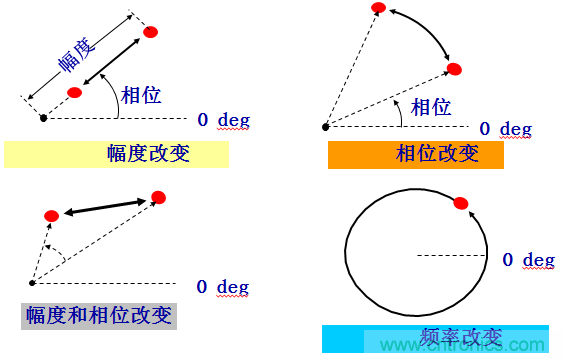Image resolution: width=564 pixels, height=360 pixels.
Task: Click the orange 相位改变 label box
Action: (x=416, y=154)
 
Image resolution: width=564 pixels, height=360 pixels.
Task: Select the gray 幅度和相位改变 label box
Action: (x=99, y=316)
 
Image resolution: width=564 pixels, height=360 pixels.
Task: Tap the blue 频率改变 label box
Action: (x=435, y=338)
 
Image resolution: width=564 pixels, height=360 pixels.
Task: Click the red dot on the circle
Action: (x=460, y=204)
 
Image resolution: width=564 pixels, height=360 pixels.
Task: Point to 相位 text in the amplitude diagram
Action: (x=141, y=95)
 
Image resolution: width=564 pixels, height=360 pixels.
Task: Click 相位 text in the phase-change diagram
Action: (x=431, y=106)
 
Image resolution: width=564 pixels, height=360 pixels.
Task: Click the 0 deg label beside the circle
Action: (x=528, y=260)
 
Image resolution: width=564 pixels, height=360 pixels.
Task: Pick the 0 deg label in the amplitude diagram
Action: (x=223, y=120)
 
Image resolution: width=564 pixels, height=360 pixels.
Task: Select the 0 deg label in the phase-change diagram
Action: (x=505, y=129)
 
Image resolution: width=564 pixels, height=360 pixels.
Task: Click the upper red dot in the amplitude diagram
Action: (x=151, y=32)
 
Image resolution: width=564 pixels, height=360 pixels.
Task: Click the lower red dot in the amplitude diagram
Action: (x=74, y=92)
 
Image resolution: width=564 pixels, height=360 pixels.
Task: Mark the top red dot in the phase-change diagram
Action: (x=377, y=9)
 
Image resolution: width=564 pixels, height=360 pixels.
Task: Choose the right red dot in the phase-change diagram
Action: (x=454, y=69)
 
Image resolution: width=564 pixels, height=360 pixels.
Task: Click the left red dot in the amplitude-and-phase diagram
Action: (x=52, y=216)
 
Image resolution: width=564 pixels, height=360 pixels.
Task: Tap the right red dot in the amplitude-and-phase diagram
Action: (x=158, y=198)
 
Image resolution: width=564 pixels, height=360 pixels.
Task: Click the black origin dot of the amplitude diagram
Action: (x=43, y=118)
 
